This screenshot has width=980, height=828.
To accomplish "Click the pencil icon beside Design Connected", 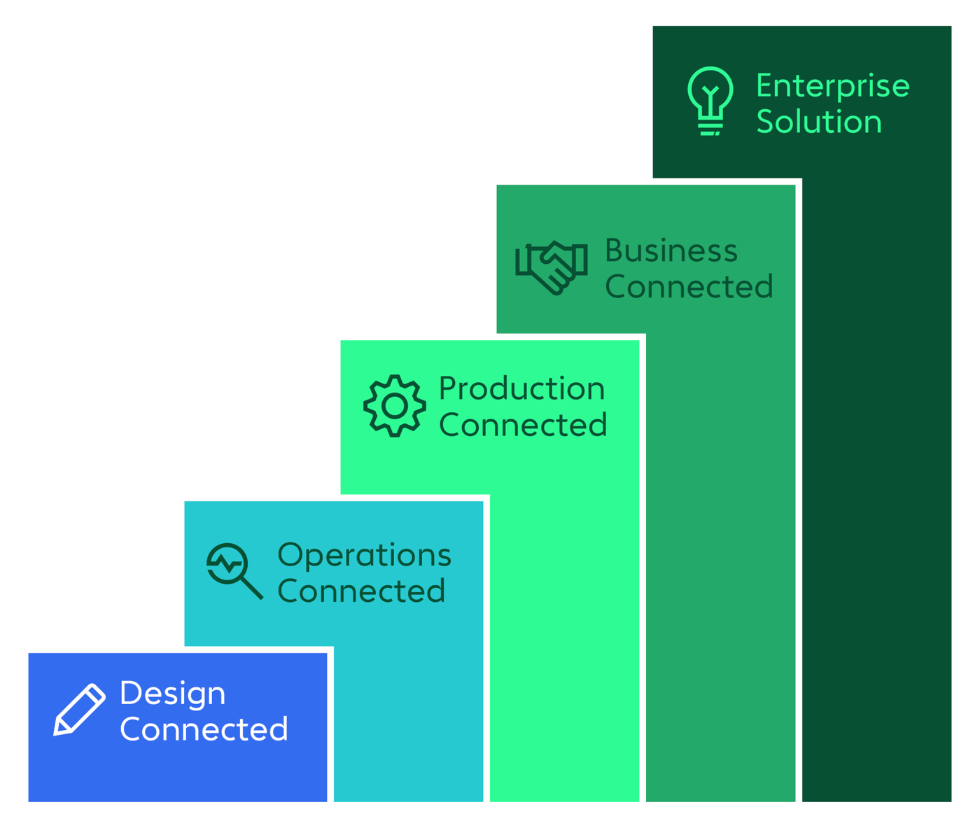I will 79,710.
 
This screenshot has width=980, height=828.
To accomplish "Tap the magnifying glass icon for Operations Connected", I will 234,570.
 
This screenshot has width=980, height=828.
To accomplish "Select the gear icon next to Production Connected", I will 394,405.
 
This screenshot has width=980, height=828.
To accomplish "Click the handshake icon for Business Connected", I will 551,267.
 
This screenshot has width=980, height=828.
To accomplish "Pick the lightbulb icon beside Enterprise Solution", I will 710,100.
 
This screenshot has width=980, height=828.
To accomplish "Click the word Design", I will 172,694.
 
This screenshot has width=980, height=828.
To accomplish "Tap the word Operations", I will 364,556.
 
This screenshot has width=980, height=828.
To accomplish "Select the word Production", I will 521,389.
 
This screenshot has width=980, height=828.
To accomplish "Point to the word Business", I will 671,251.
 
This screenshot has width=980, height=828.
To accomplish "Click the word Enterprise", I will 832,86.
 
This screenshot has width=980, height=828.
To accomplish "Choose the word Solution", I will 818,122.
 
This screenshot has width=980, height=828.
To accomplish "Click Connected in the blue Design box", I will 204,729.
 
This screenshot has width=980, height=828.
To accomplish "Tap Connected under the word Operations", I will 361,591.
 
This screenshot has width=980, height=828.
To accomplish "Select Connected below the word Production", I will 523,425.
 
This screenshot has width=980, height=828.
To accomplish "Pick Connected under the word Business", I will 689,286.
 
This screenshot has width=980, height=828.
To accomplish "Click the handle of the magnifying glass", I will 252,589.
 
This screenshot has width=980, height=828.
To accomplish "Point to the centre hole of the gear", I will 395,406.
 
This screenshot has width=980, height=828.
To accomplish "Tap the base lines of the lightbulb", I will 710,128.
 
